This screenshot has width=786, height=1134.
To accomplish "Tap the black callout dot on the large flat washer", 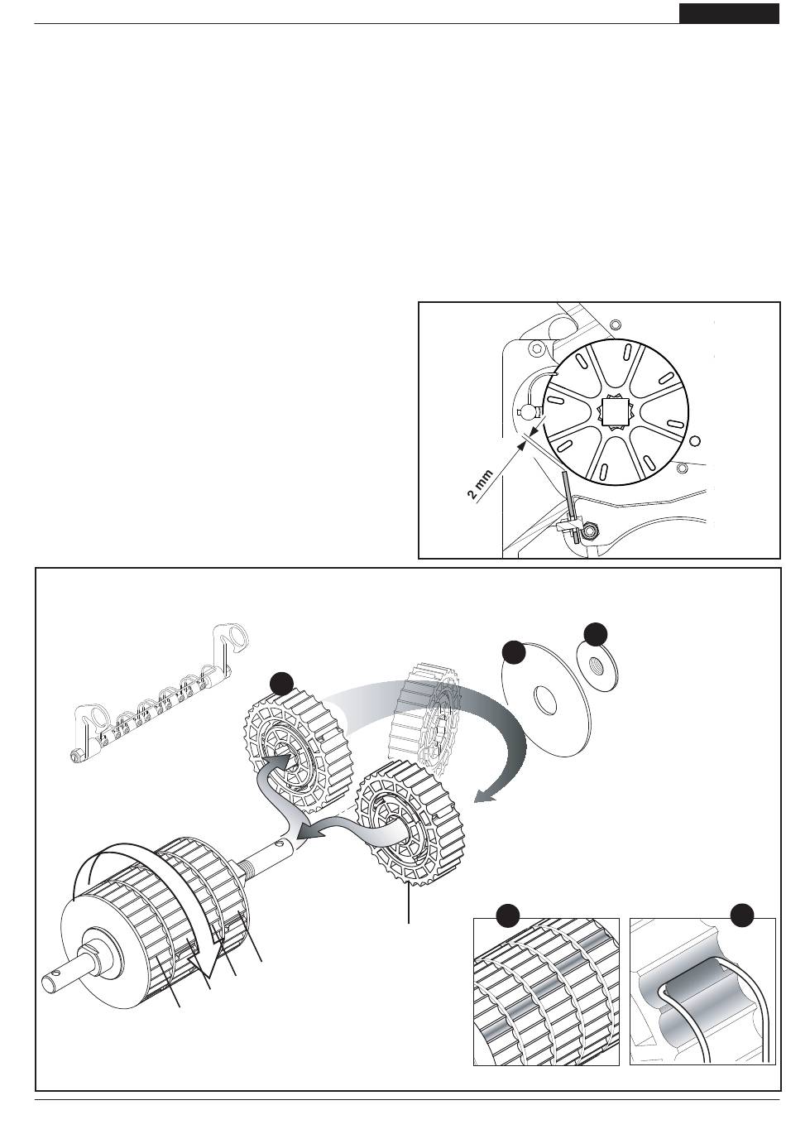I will [515, 652].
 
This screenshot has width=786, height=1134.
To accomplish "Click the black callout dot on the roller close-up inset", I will [506, 915].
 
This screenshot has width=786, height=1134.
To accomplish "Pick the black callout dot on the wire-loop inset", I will [742, 915].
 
